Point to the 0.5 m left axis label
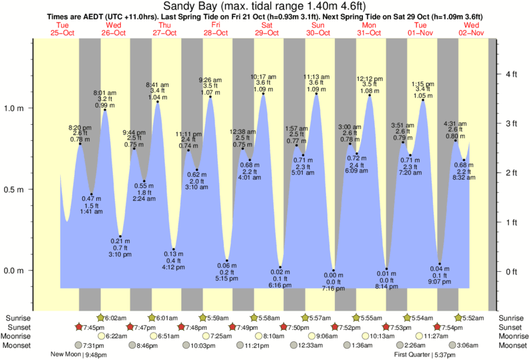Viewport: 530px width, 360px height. click(x=15, y=190)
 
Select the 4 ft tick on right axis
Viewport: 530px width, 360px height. click(x=511, y=73)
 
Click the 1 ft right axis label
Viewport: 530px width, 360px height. click(x=511, y=222)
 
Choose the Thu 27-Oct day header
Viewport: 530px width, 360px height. click(x=164, y=28)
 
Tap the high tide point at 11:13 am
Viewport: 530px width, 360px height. click(x=316, y=94)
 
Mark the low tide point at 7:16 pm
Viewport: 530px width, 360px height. click(x=334, y=271)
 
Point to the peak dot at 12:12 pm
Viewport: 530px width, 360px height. click(x=370, y=96)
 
